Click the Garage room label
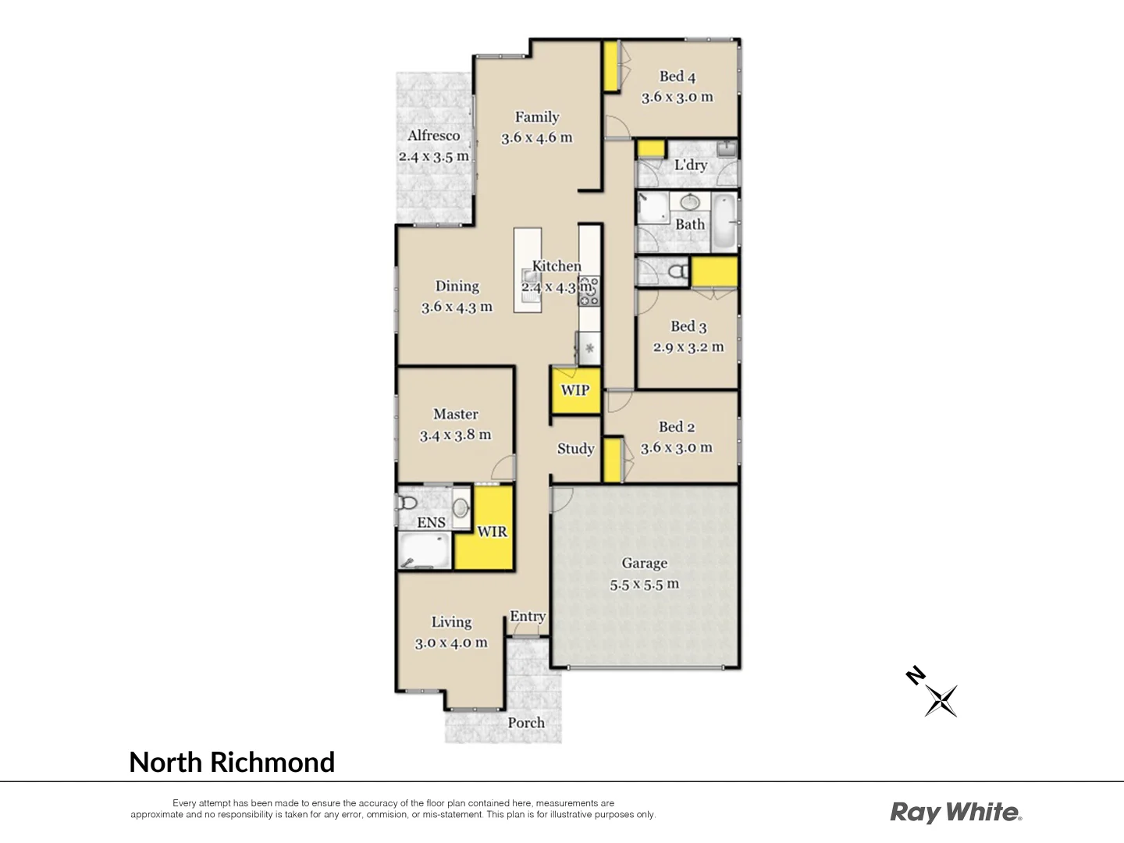click(644, 563)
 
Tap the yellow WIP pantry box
click(575, 390)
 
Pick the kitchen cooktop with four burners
click(589, 290)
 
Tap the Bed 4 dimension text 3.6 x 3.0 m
click(677, 98)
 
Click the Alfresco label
click(433, 135)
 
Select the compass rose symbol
click(941, 700)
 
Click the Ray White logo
click(955, 813)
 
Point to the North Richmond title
click(232, 762)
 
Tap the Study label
click(575, 449)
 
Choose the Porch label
click(526, 723)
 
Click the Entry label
click(528, 617)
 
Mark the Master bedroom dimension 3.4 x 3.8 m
click(455, 436)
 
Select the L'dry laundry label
click(690, 165)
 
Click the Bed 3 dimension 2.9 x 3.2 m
click(688, 347)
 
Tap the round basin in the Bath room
click(689, 202)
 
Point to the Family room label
click(537, 117)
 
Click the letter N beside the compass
click(915, 675)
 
